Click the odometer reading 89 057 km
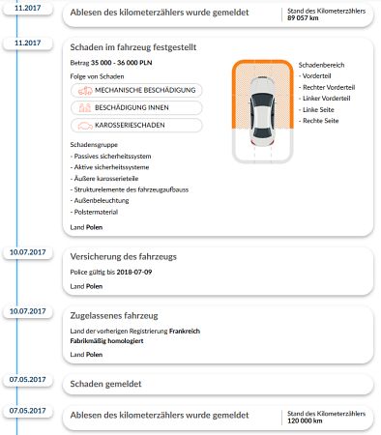point(303,18)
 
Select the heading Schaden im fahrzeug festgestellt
point(133,47)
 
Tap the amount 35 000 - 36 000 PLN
point(121,63)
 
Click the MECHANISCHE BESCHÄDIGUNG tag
point(136,90)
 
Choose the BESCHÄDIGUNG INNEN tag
point(136,107)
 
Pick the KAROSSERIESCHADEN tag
point(136,126)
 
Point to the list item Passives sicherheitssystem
point(110,157)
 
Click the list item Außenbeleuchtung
point(100,201)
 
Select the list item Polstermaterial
point(94,212)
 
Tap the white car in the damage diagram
point(262,111)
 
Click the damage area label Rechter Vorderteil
point(327,87)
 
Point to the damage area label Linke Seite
point(316,110)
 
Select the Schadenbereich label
point(321,65)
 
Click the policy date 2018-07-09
point(134,272)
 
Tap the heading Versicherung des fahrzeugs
point(124,257)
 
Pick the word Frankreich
point(185,331)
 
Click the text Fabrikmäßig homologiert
point(106,341)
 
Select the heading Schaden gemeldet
point(105,384)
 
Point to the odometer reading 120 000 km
point(305,420)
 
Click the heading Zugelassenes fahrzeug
point(114,316)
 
